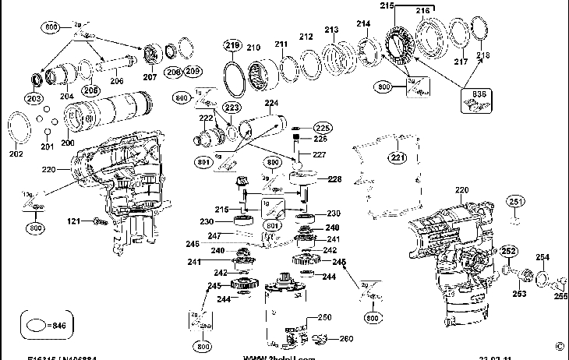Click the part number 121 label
pyautogui.click(x=72, y=222)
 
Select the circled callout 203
pyautogui.click(x=34, y=99)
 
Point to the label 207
pyautogui.click(x=149, y=77)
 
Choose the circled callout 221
pyautogui.click(x=399, y=158)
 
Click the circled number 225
pyautogui.click(x=323, y=127)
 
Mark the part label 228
pyautogui.click(x=334, y=179)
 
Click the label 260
pyautogui.click(x=346, y=338)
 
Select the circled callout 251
pyautogui.click(x=514, y=203)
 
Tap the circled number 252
pyautogui.click(x=508, y=252)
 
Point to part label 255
pyautogui.click(x=561, y=296)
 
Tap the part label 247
pyautogui.click(x=214, y=235)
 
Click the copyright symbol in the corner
pyautogui.click(x=559, y=346)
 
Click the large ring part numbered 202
pyautogui.click(x=21, y=129)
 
